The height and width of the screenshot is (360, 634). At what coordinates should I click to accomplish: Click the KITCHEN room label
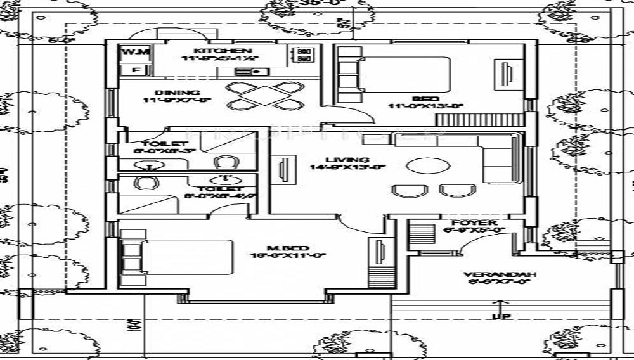214,51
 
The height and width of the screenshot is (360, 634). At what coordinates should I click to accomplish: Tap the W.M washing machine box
135,52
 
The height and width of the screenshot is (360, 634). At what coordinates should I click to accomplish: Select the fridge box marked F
135,70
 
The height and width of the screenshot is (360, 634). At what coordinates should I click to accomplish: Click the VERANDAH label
500,274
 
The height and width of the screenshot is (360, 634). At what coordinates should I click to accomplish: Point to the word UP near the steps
501,316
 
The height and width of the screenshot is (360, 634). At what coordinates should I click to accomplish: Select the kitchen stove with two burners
304,55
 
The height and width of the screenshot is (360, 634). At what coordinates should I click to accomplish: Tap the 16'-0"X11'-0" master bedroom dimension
288,256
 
